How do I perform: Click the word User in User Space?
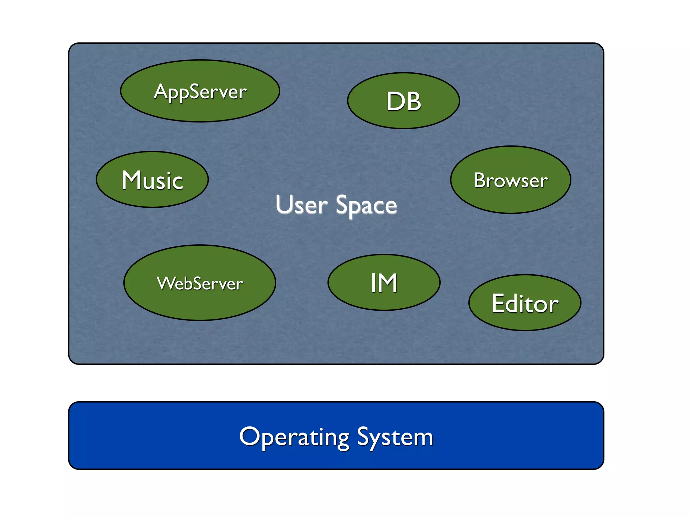pyautogui.click(x=301, y=205)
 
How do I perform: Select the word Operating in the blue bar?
pyautogui.click(x=294, y=437)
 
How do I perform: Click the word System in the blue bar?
pyautogui.click(x=395, y=437)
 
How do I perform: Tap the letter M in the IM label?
pyautogui.click(x=387, y=283)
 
